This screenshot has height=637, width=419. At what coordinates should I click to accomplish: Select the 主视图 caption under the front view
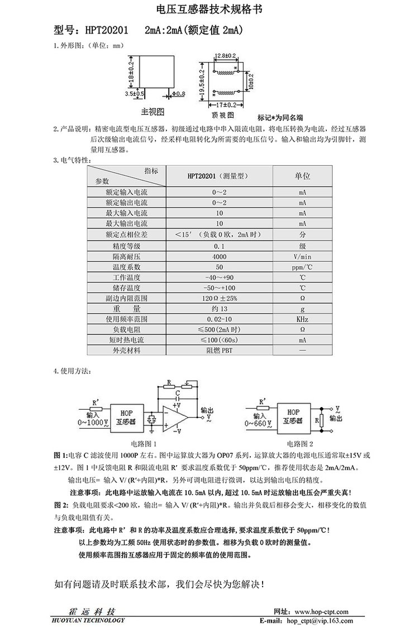(x=151, y=112)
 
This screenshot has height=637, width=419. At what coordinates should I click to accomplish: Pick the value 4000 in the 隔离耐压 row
(x=220, y=256)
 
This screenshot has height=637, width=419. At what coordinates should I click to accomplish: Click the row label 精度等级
(x=127, y=245)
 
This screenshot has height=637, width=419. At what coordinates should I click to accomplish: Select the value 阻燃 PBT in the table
(x=220, y=351)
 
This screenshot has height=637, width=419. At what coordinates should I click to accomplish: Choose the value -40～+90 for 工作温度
(x=220, y=277)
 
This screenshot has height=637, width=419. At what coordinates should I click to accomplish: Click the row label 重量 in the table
(x=127, y=308)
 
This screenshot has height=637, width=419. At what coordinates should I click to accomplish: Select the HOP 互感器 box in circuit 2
(x=293, y=416)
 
